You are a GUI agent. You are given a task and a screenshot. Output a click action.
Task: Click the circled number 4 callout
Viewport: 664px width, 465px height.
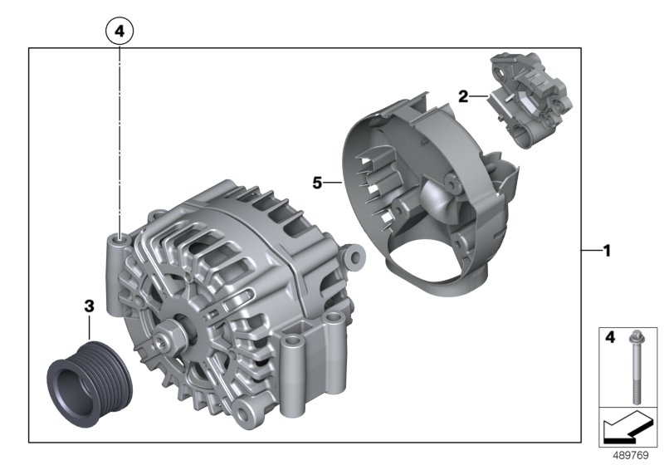(120, 31)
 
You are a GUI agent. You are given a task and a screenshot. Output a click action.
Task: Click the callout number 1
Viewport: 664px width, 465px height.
(608, 251)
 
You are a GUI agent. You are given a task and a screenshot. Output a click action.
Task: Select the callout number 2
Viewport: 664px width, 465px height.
(463, 96)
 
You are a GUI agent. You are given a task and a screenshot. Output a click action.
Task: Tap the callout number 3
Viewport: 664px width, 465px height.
(89, 306)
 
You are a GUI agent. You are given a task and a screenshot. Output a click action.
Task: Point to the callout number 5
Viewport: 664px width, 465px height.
(317, 183)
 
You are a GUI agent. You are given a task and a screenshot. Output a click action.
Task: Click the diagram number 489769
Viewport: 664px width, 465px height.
(631, 456)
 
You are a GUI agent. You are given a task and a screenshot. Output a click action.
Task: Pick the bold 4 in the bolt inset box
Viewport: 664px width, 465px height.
(610, 337)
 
